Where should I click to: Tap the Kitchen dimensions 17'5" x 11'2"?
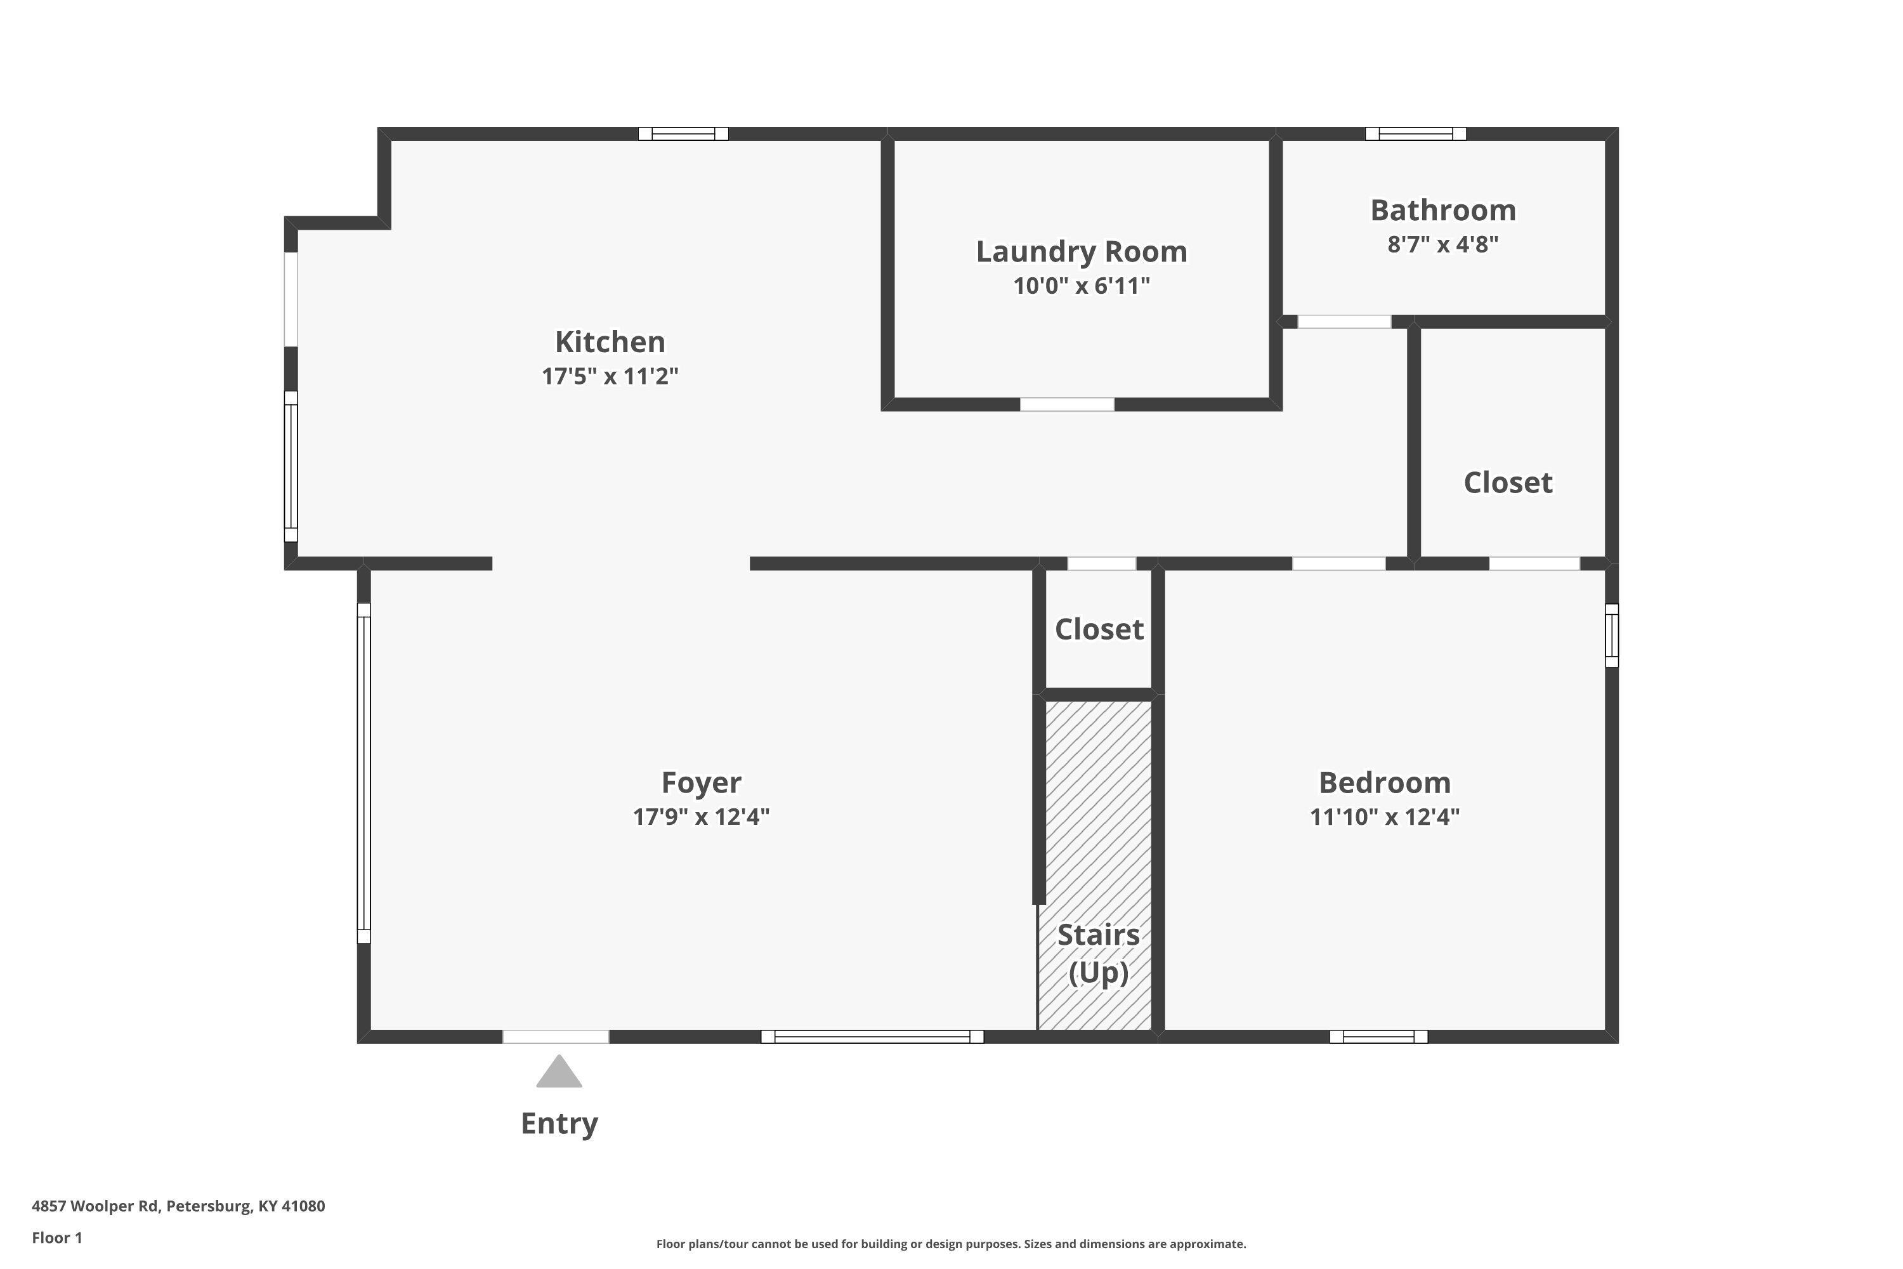[x=610, y=376]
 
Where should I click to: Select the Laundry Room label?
[x=1082, y=252]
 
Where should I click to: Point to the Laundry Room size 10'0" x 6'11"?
[x=1082, y=286]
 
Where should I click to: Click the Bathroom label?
[x=1444, y=211]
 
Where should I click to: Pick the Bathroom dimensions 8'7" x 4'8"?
[x=1444, y=244]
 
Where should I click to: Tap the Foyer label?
[x=702, y=782]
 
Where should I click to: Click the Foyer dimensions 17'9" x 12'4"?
[x=702, y=817]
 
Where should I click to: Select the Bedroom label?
[x=1385, y=782]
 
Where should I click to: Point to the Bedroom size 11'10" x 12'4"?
[x=1385, y=817]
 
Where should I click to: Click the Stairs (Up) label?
[x=1099, y=954]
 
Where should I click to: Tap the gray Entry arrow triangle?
[x=559, y=1072]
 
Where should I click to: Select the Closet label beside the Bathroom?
[x=1508, y=483]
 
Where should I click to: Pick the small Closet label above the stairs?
[x=1099, y=629]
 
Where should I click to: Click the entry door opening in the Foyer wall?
[x=556, y=1037]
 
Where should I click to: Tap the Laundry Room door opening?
[x=1067, y=405]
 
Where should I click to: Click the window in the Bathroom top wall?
[x=1416, y=133]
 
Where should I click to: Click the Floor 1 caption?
[x=58, y=1237]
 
